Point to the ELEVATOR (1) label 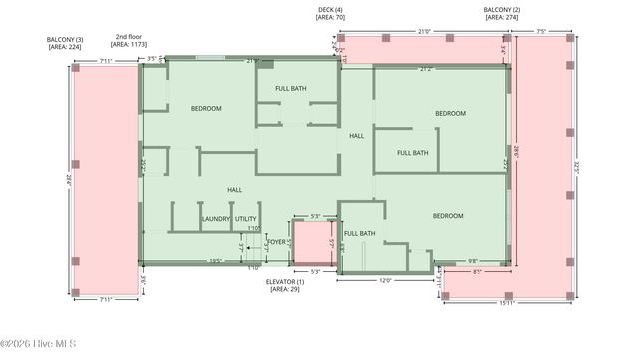pyautogui.click(x=285, y=282)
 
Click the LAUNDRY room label pyautogui.click(x=216, y=219)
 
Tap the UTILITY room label pyautogui.click(x=246, y=219)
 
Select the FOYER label pyautogui.click(x=276, y=242)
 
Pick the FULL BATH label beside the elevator pyautogui.click(x=360, y=234)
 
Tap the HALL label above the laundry pyautogui.click(x=234, y=189)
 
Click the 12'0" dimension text pyautogui.click(x=384, y=281)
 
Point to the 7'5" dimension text pyautogui.click(x=540, y=31)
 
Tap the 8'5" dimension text pyautogui.click(x=477, y=271)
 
